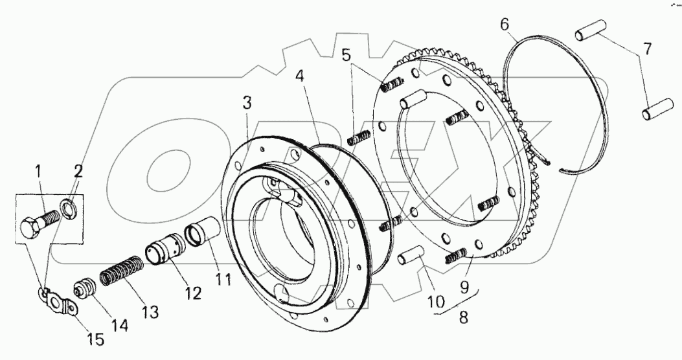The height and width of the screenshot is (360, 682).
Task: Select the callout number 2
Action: pos(78,172)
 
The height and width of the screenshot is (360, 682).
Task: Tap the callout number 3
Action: pos(247,103)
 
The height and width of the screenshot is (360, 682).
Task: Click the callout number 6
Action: pos(505,25)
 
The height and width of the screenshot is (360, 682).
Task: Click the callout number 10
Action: pos(436,301)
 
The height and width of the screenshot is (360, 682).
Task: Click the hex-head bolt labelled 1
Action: pos(38,224)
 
